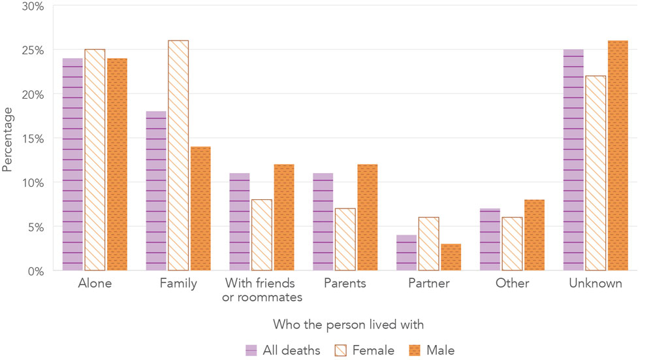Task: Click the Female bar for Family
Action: pyautogui.click(x=178, y=155)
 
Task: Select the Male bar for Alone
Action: pyautogui.click(x=117, y=165)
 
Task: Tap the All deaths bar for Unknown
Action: pyautogui.click(x=573, y=160)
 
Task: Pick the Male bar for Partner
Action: pyautogui.click(x=451, y=257)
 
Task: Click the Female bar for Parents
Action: pyautogui.click(x=345, y=240)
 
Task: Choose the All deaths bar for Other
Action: pyautogui.click(x=490, y=240)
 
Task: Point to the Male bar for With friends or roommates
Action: pyautogui.click(x=284, y=218)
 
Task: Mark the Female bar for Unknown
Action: pyautogui.click(x=596, y=173)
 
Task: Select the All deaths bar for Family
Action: pyautogui.click(x=156, y=191)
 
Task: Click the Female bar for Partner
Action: pyautogui.click(x=429, y=244)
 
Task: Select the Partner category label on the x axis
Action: pyautogui.click(x=428, y=284)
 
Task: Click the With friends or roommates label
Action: pyautogui.click(x=262, y=290)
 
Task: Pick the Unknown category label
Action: pyautogui.click(x=596, y=284)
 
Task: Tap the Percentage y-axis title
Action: pyautogui.click(x=8, y=139)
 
